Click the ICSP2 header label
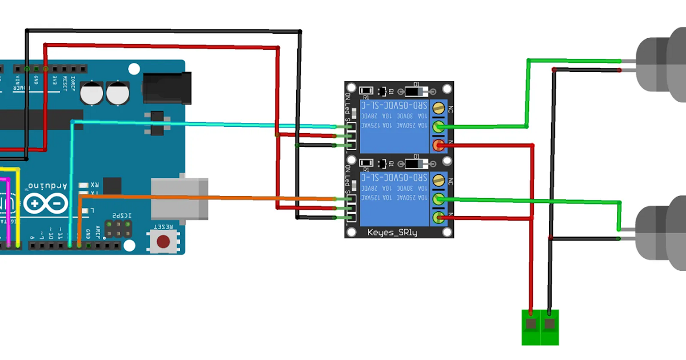122,215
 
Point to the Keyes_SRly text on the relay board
392,232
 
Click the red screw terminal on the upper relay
438,145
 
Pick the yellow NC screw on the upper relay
438,107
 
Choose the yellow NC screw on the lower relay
438,180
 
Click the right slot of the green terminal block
550,325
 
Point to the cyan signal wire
200,123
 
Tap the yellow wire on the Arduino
18,206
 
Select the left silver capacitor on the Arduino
91,93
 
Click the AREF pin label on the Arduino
98,232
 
